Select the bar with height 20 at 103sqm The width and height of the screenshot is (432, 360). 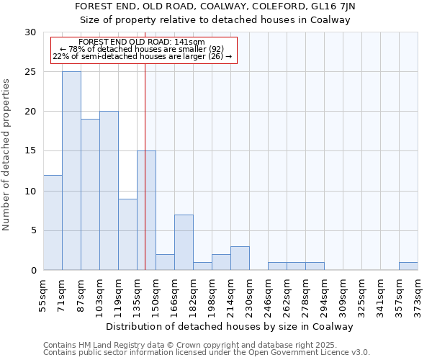(109, 191)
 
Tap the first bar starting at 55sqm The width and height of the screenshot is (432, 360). (53, 222)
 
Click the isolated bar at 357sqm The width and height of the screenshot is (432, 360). (408, 266)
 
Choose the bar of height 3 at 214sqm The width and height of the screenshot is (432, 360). (240, 258)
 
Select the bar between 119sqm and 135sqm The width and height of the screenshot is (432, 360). (127, 235)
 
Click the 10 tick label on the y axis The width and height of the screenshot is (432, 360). (30, 192)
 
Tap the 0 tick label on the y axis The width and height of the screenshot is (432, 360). (33, 271)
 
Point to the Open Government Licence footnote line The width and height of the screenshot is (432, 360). (207, 353)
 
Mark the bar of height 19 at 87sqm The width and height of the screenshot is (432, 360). (90, 194)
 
